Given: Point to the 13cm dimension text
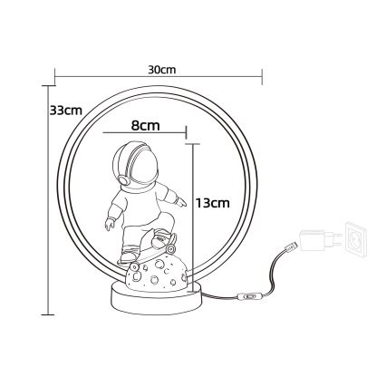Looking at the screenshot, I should coord(212,204).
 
